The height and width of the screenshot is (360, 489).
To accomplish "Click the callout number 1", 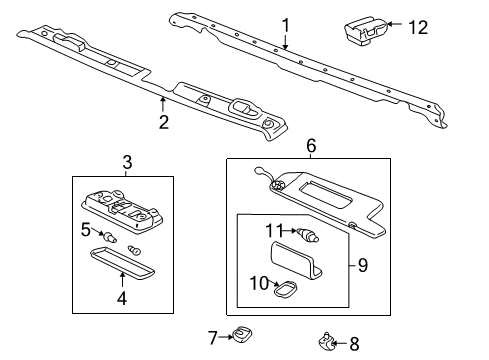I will [285, 25].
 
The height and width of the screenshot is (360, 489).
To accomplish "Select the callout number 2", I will [163, 123].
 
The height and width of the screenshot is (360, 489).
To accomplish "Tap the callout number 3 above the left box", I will [125, 162].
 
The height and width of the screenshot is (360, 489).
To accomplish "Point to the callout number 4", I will [121, 296].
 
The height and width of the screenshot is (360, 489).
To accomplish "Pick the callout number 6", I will [312, 147].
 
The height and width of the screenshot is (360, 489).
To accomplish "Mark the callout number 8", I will [353, 344].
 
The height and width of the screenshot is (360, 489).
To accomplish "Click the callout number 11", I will [273, 231].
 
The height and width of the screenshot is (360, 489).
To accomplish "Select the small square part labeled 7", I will [241, 334].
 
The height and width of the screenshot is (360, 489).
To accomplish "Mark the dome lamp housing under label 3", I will [121, 211].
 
